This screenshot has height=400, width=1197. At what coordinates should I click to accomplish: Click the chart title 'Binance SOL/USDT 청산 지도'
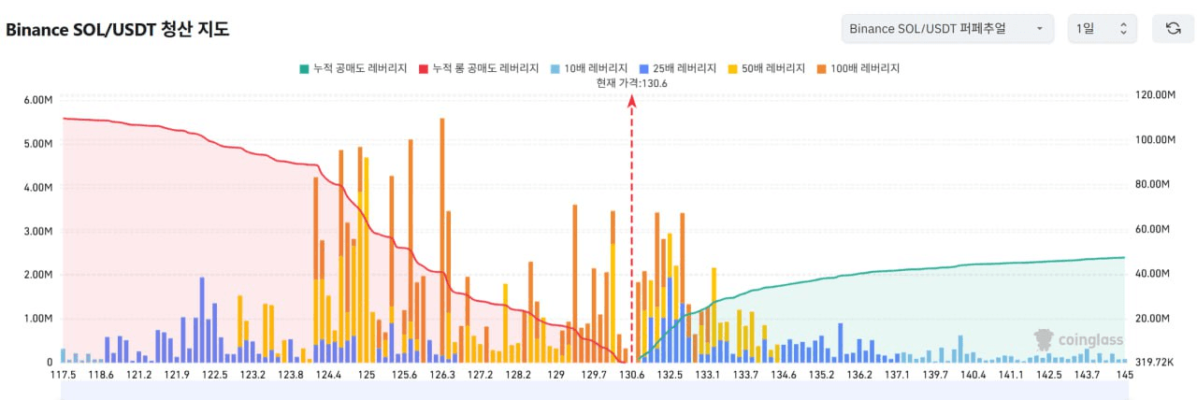point(118,29)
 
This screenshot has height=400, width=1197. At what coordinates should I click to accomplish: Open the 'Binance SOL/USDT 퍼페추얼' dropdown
point(946,29)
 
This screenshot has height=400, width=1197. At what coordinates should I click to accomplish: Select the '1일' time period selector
point(1102,29)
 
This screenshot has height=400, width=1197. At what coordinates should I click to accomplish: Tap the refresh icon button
point(1172,29)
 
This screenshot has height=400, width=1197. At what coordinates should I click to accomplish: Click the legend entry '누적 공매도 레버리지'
point(353,68)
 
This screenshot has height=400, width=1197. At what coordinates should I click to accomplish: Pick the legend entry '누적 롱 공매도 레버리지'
point(479,68)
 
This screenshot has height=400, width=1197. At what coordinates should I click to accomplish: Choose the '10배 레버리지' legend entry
point(588,68)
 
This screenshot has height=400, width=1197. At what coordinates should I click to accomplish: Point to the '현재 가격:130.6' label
point(632,82)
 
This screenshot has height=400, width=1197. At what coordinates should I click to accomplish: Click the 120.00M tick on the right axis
point(1153,95)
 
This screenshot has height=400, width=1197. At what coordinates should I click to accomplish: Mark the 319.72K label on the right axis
point(1152,362)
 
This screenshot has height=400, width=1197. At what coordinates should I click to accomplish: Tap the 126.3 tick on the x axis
point(441,375)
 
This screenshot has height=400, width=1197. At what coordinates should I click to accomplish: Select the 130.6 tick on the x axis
point(632,375)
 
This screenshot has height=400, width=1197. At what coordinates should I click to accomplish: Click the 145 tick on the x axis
point(1124,375)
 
